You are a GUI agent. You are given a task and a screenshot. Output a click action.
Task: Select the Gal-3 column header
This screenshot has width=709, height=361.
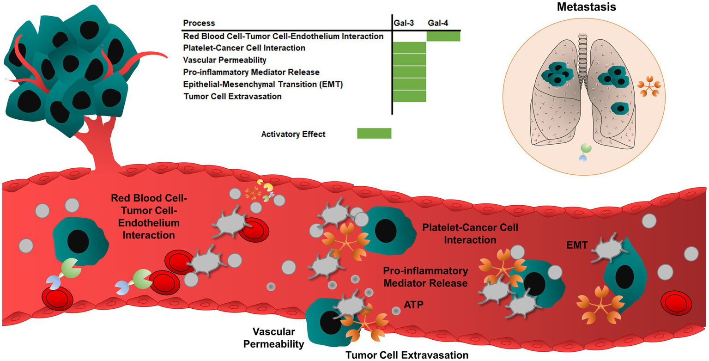[x=403, y=23]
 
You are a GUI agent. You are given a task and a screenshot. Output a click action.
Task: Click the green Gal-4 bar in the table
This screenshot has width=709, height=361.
[x=443, y=36]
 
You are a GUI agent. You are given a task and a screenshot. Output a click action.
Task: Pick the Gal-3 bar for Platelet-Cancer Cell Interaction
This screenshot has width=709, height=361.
[x=409, y=48]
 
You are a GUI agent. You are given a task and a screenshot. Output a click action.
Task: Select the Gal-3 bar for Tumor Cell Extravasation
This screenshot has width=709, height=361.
[x=409, y=96]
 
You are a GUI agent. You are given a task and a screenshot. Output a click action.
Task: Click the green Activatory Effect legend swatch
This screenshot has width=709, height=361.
[x=374, y=134]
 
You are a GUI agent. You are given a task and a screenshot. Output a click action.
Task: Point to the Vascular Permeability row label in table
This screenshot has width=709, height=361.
[x=224, y=60]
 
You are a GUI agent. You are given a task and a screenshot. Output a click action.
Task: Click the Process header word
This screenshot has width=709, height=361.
[x=199, y=23]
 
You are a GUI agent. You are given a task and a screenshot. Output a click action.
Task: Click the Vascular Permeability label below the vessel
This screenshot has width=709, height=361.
[x=278, y=338]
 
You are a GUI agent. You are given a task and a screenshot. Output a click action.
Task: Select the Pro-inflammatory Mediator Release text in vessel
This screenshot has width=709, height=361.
[x=425, y=275]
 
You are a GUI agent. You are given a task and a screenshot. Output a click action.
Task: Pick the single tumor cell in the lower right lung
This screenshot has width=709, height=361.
[x=620, y=109]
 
